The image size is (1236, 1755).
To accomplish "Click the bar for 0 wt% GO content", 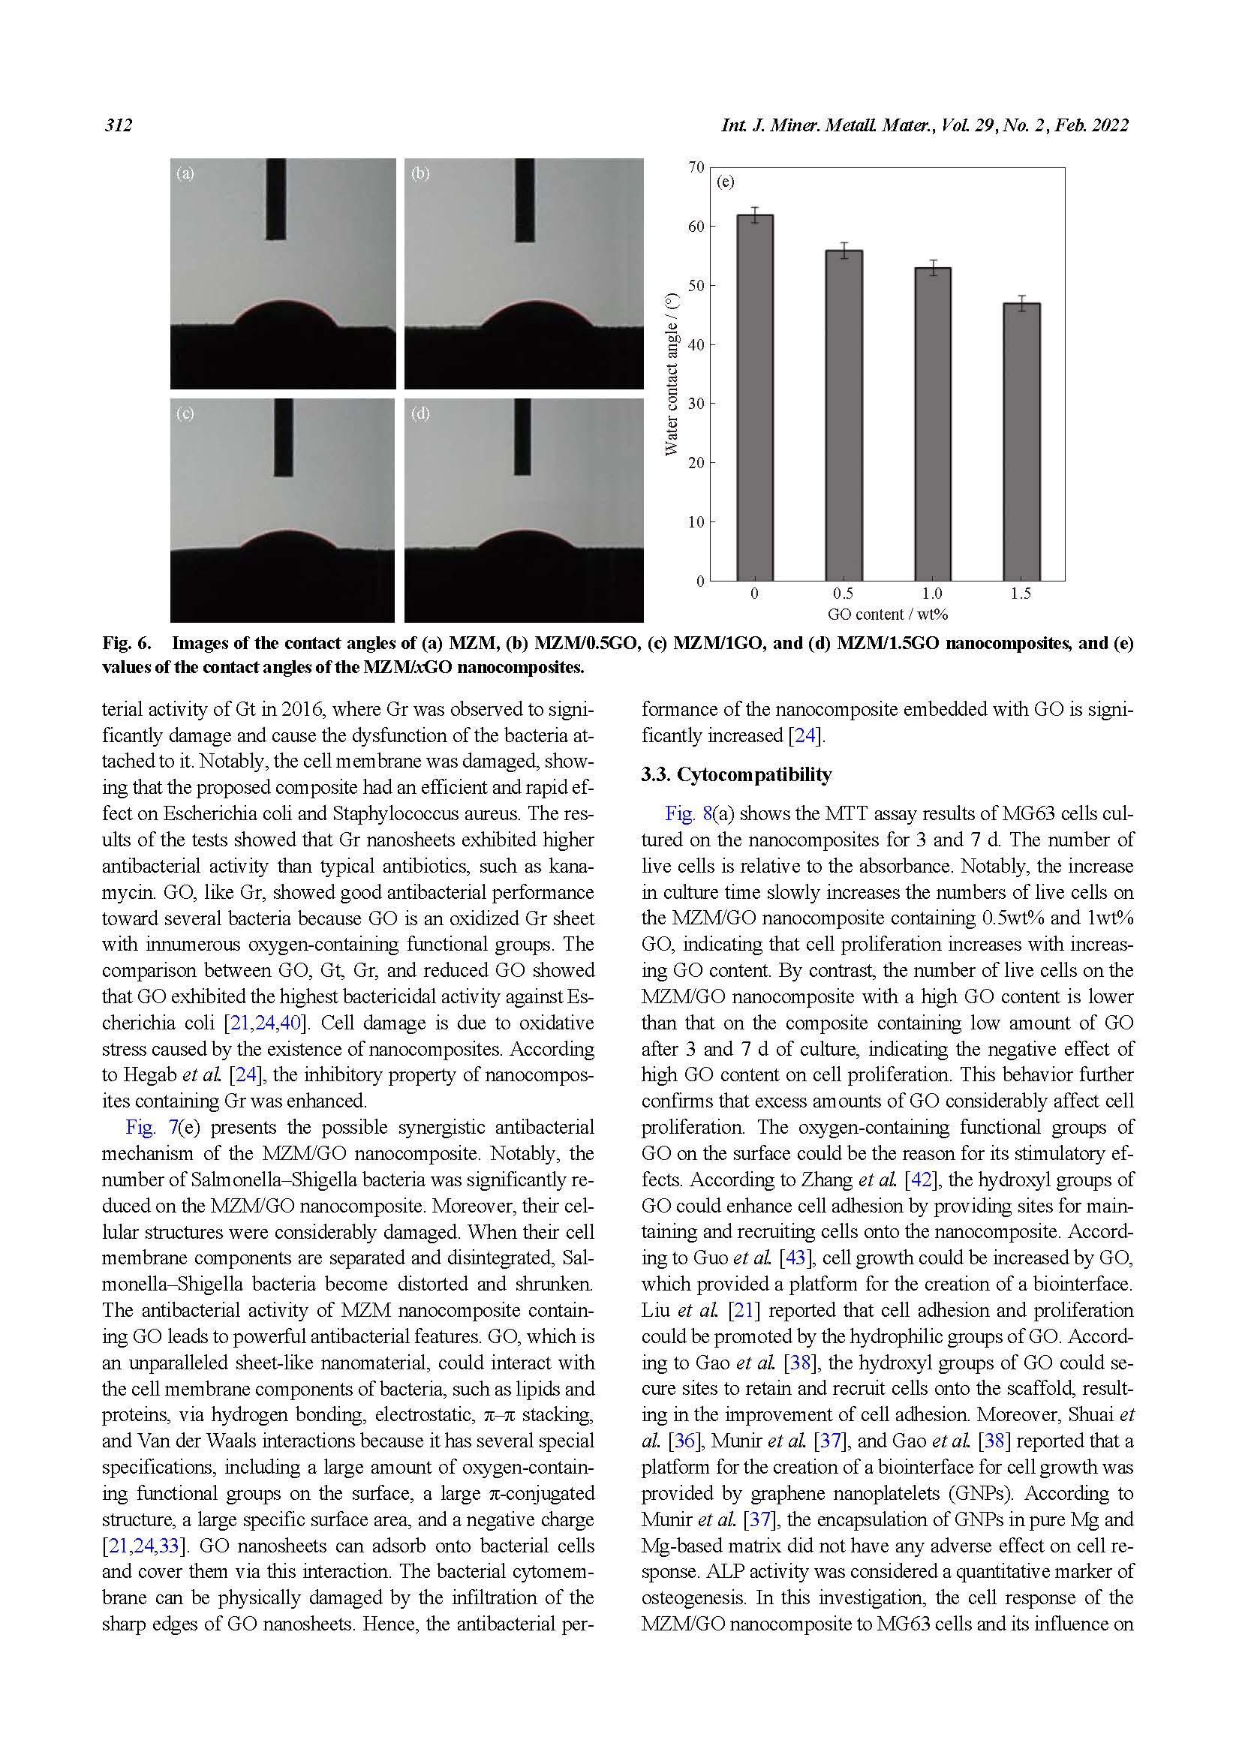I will point(754,398).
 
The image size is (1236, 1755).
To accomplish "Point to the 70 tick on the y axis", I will point(696,167).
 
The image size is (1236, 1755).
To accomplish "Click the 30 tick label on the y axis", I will point(696,404).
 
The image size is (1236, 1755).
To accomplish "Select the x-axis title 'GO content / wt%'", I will point(887,615).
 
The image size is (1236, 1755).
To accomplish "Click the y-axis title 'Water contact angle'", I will point(671,374).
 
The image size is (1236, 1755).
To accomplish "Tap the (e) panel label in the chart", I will point(726,182).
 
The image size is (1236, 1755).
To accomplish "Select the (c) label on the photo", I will point(185,413).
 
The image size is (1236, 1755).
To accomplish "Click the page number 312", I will point(119,125).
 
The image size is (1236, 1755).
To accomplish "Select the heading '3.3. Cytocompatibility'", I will point(736,775).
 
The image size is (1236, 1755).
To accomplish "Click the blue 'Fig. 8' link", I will point(687,813).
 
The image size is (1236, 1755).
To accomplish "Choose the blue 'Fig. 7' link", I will point(152,1128).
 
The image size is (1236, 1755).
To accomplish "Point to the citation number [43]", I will point(794,1258).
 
